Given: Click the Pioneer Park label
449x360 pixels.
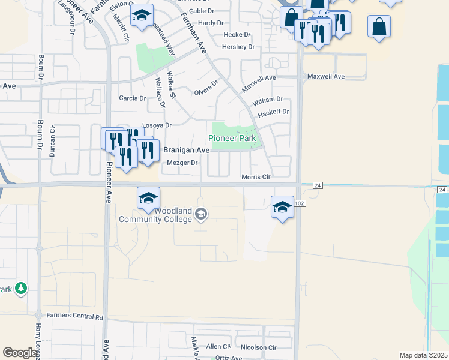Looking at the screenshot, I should [x=232, y=139].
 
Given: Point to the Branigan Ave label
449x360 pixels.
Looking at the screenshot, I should [x=186, y=150].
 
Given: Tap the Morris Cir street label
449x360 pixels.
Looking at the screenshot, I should [x=256, y=177].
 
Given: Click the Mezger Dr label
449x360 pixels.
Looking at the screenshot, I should [x=182, y=163].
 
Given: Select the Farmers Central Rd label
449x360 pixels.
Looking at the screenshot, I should [x=75, y=317].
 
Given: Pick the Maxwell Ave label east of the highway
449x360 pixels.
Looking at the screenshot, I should [x=326, y=77].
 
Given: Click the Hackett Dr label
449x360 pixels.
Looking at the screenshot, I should [x=273, y=112].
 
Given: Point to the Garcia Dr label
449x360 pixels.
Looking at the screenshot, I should [x=133, y=98].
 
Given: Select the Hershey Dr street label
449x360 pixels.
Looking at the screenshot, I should [x=238, y=47].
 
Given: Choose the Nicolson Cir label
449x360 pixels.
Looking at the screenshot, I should [x=258, y=347].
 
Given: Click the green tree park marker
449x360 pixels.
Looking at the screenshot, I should [x=21, y=289].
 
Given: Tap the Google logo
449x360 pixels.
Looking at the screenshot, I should [x=20, y=353].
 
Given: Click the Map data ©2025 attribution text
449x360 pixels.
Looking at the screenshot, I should [x=424, y=355].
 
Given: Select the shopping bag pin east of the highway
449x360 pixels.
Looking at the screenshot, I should [x=379, y=26].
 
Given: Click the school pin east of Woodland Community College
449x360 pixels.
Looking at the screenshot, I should [x=282, y=207].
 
